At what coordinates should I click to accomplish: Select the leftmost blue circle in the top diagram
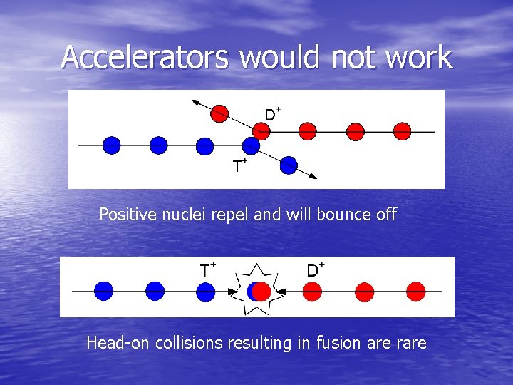point(112,145)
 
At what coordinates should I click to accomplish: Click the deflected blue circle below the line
point(288,165)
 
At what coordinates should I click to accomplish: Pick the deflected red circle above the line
point(220,113)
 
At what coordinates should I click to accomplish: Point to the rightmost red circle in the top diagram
point(403,131)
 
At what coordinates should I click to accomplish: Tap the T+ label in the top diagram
point(240,166)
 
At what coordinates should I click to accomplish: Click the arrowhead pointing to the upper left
point(194,103)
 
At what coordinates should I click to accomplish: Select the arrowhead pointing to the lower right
point(313,175)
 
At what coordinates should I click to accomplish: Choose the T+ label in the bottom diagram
point(207,270)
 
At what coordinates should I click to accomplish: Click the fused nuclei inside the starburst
point(258,291)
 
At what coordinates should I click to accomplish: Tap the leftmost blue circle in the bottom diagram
point(103,291)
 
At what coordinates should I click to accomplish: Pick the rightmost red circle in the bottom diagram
point(415,291)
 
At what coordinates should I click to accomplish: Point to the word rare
point(408,344)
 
